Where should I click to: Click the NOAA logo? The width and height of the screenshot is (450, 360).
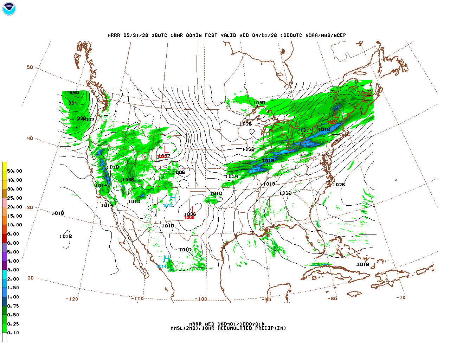point(9,9)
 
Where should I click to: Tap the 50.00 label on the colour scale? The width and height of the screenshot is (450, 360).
point(14,171)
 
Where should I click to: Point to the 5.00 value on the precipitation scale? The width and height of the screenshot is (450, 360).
point(13,252)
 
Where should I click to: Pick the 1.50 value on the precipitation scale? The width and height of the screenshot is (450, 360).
point(13,288)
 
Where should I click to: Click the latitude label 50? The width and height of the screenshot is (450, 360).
point(30,67)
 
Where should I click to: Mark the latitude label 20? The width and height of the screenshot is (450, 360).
point(31,278)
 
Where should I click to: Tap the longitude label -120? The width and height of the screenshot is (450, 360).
point(72,299)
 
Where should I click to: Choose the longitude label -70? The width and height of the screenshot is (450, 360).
point(401,297)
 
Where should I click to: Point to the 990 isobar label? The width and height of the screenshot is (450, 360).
point(74,93)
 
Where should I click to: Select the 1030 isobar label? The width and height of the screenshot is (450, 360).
point(259,103)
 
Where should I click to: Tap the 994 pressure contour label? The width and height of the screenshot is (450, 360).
point(73,103)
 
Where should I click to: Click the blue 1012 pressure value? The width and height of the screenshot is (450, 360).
point(168,206)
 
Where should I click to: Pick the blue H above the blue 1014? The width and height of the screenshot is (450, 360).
point(167,259)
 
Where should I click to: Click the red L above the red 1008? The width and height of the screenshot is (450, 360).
point(192,210)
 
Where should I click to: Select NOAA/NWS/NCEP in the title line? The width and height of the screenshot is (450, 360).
point(326,36)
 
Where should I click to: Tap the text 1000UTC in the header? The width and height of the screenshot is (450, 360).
point(291,36)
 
